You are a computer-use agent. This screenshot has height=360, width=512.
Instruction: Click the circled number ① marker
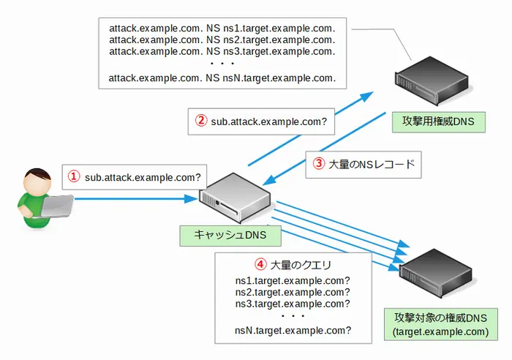[73, 176]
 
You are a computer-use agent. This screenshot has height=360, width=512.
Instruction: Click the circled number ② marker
[200, 121]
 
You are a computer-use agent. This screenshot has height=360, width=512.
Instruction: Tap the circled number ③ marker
[318, 165]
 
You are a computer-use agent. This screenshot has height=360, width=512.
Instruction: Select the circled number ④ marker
[259, 265]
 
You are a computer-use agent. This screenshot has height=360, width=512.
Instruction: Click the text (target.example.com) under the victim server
[440, 331]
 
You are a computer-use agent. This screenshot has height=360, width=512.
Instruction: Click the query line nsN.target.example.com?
[293, 330]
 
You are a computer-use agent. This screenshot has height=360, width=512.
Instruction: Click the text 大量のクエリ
[302, 265]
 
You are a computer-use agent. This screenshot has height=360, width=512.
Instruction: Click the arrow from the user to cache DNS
[135, 198]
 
